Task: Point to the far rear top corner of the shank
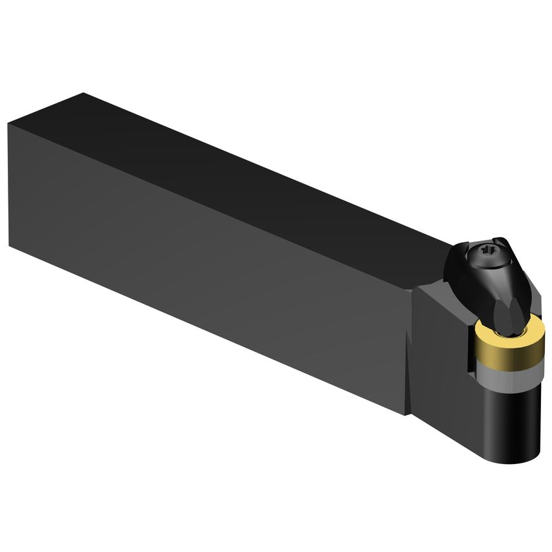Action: pyautogui.click(x=82, y=94)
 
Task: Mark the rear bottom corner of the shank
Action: pyautogui.click(x=12, y=240)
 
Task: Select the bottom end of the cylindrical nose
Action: pyautogui.click(x=517, y=452)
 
